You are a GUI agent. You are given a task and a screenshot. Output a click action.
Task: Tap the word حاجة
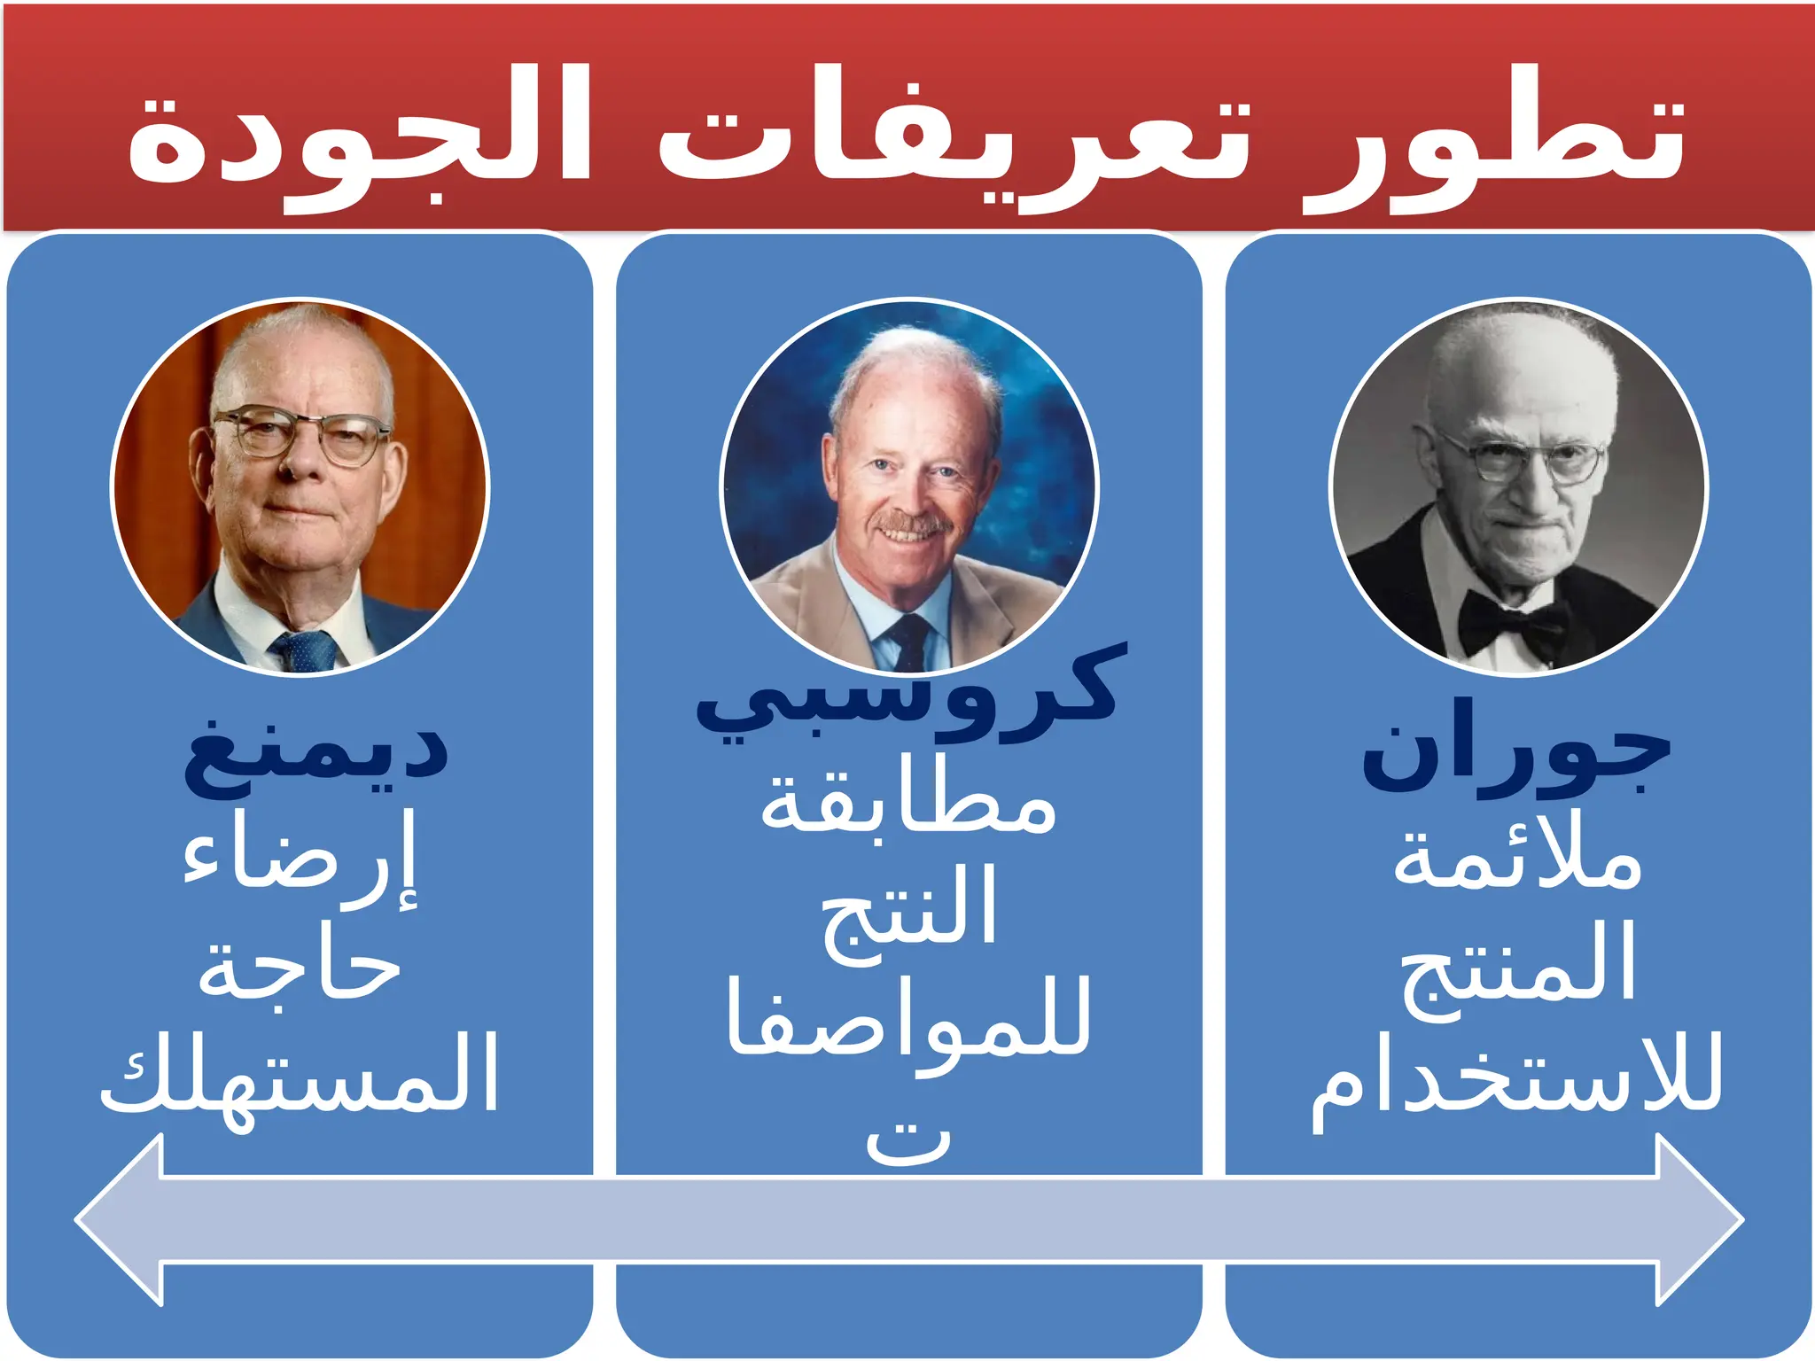click(300, 970)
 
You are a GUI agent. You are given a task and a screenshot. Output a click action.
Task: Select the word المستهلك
click(300, 1077)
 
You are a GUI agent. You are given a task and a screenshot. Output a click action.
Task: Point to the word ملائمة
click(1517, 859)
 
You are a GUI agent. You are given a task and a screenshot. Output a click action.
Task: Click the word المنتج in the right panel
click(1517, 966)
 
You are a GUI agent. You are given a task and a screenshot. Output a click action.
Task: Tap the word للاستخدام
click(1517, 1077)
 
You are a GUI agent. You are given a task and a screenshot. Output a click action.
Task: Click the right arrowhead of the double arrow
click(1697, 1220)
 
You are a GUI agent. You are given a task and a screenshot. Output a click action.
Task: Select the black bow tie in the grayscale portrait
click(1512, 620)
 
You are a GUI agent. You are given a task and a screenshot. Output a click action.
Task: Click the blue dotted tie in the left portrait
click(306, 651)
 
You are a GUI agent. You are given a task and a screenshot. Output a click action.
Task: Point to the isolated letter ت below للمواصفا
click(908, 1143)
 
